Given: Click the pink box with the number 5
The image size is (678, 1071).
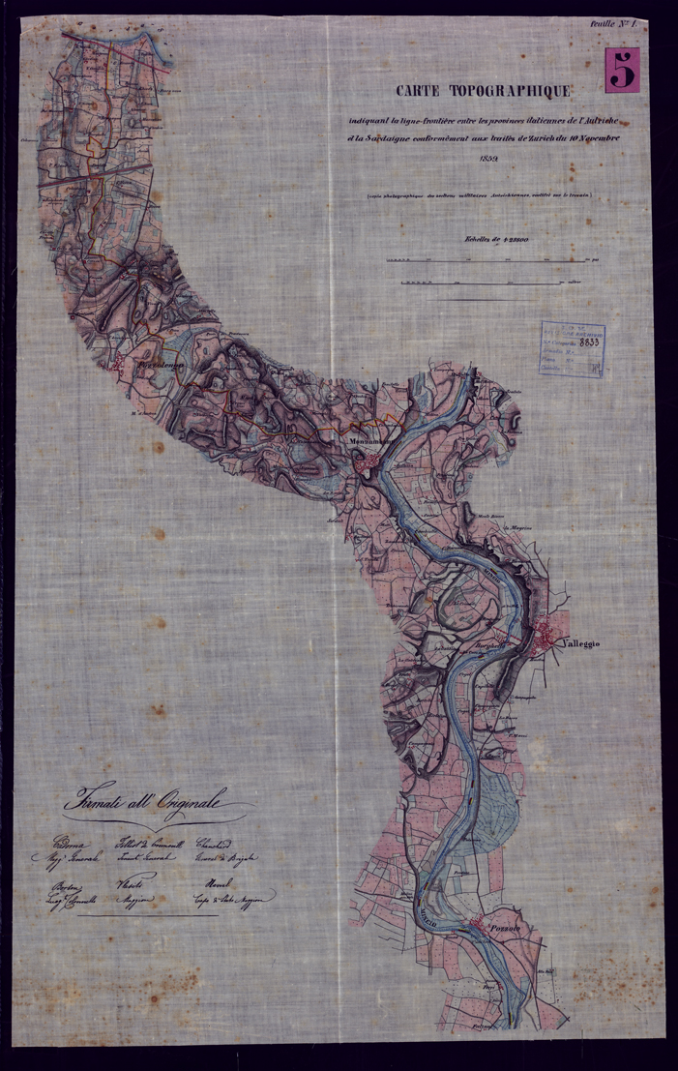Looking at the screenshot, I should tap(623, 71).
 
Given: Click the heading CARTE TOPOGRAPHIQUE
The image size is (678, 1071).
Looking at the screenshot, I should tap(483, 93).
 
